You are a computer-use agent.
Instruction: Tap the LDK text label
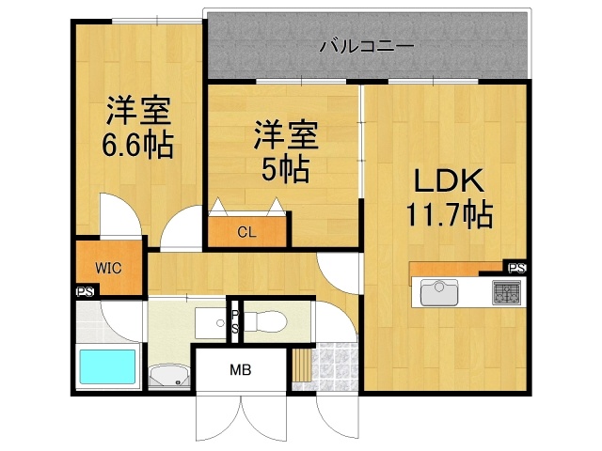pyautogui.click(x=445, y=181)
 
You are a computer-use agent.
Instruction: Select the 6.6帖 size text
pyautogui.click(x=137, y=145)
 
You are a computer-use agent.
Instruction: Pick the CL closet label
pyautogui.click(x=246, y=231)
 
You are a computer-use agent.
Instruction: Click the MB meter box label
pyautogui.click(x=240, y=369)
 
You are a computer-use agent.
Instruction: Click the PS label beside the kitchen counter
pyautogui.click(x=516, y=268)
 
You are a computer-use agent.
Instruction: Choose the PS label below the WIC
pyautogui.click(x=84, y=291)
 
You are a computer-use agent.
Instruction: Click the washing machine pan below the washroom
pyautogui.click(x=169, y=375)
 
